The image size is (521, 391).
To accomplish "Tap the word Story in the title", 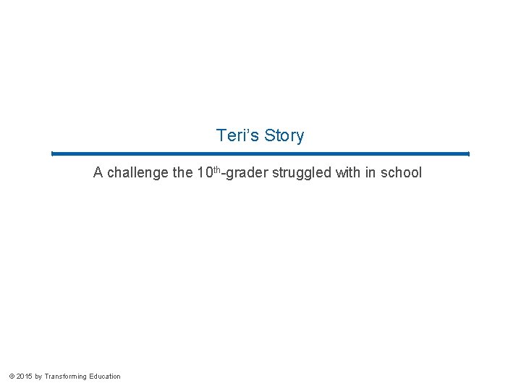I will click(284, 135).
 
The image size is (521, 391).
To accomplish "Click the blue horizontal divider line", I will click(260, 154).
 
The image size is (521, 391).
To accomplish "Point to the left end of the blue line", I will click(53, 154).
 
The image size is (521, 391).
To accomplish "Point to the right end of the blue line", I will click(467, 154).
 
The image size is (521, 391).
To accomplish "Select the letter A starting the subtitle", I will click(98, 173).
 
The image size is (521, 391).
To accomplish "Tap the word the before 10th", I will click(183, 173).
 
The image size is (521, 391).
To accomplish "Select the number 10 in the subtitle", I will click(204, 173).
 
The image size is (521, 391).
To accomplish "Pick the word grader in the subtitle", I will click(247, 173).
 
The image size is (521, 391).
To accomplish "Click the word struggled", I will click(302, 173).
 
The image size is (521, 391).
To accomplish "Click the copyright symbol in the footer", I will click(11, 377).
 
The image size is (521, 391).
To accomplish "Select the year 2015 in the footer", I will click(24, 377).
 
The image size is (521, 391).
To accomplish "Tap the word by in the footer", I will click(38, 377).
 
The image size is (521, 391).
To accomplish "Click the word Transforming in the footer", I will click(65, 377).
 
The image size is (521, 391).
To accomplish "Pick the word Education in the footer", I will click(105, 377).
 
